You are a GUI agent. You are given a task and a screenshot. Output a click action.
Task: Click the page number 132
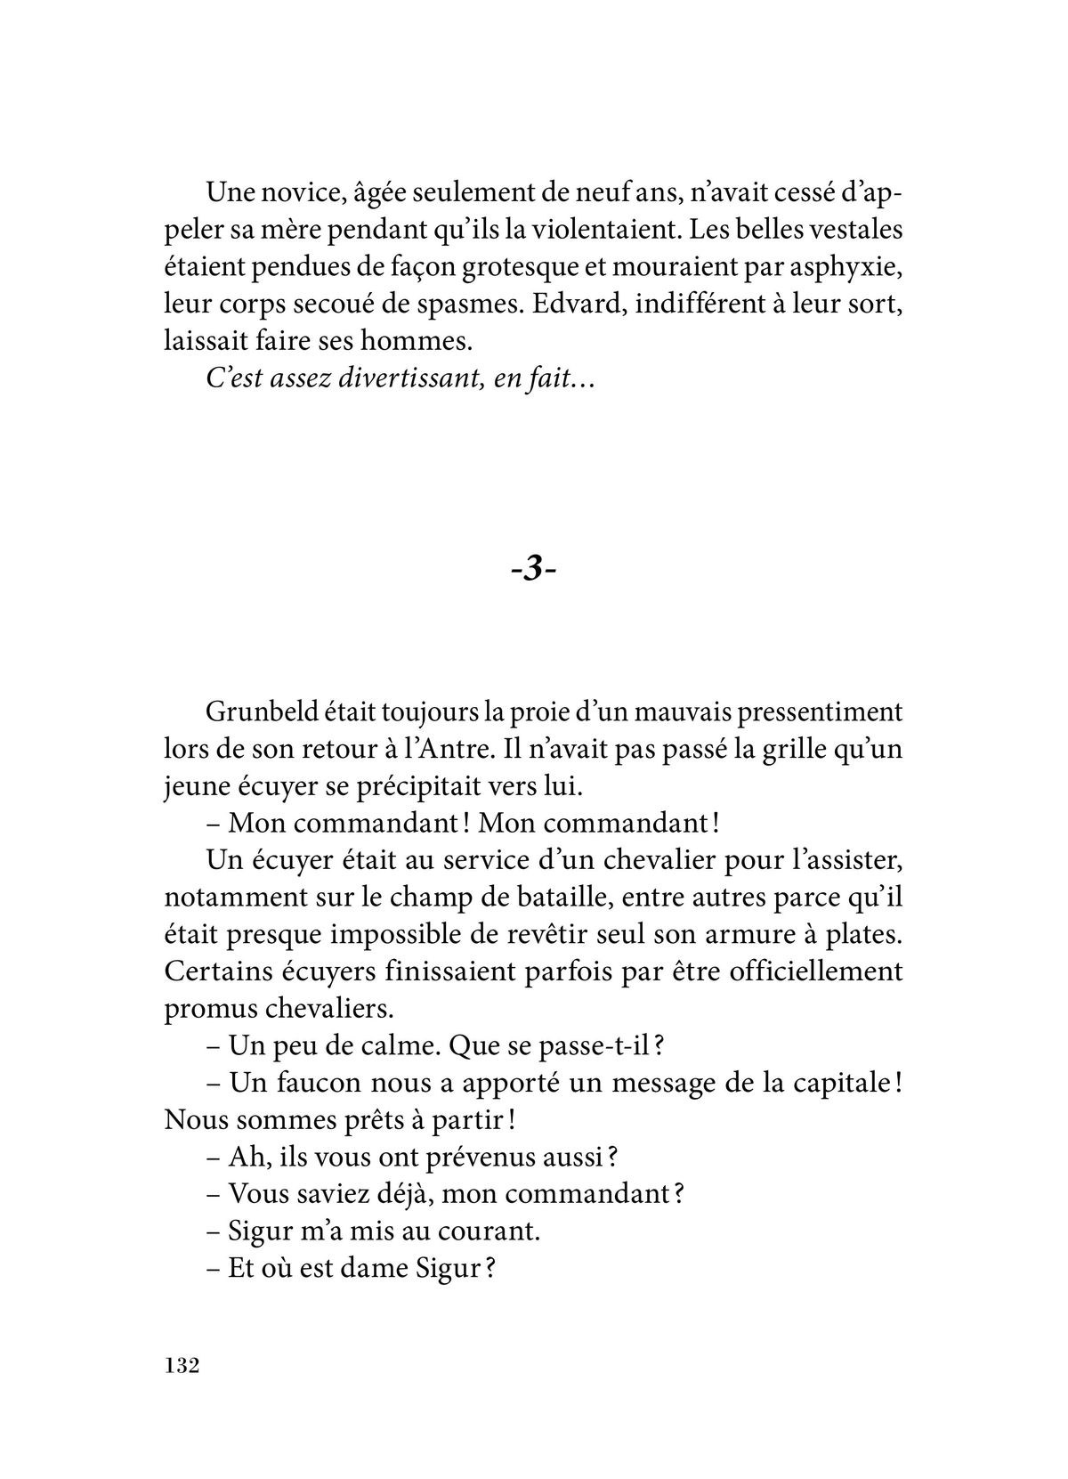(x=180, y=1366)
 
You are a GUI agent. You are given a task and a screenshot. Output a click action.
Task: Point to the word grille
(x=781, y=750)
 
